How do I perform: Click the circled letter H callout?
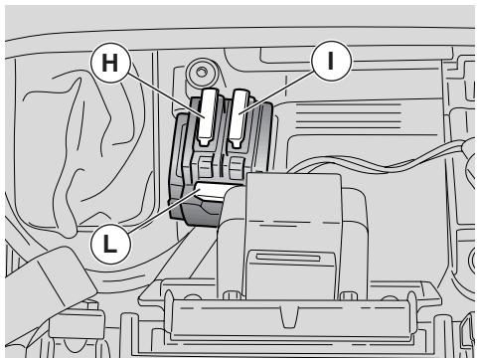[x=110, y=63]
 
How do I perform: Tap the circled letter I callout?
[x=330, y=61]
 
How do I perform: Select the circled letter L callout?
[x=110, y=244]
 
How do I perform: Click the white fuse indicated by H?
[x=208, y=117]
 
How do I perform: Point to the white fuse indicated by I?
[x=239, y=117]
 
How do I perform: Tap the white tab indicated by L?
[x=212, y=191]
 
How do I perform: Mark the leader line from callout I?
[x=275, y=92]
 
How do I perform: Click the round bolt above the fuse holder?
[x=201, y=73]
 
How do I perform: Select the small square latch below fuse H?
[x=206, y=166]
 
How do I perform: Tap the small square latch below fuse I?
[x=237, y=166]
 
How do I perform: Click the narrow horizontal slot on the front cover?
[x=288, y=258]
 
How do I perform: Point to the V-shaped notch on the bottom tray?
[x=289, y=317]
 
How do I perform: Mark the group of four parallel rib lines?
[x=348, y=116]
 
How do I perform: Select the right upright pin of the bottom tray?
[x=411, y=313]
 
